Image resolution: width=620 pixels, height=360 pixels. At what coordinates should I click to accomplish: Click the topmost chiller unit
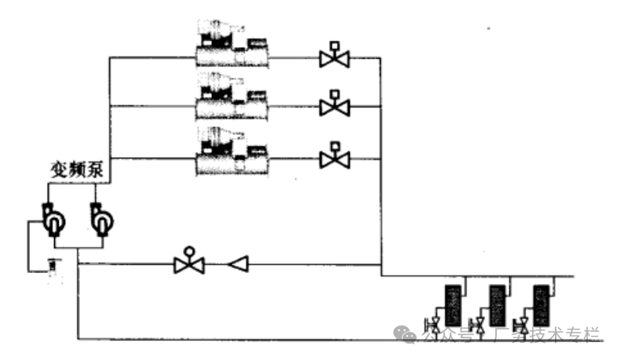click(232, 45)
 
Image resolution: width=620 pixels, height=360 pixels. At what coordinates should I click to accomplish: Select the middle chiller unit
click(232, 98)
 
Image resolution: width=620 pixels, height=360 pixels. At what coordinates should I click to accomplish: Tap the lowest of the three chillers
click(232, 151)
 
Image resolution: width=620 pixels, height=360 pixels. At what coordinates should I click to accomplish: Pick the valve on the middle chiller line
click(335, 106)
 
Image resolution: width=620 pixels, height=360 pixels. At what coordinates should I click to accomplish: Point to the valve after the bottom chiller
click(335, 158)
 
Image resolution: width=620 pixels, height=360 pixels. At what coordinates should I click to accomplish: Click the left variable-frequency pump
click(53, 220)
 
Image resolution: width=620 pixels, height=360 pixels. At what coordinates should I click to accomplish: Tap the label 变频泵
click(78, 169)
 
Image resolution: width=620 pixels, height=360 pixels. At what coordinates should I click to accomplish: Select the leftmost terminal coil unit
click(451, 305)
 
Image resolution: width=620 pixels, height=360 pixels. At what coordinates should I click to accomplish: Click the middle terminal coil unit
click(496, 305)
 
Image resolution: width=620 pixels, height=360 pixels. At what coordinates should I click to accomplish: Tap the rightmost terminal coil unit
click(541, 305)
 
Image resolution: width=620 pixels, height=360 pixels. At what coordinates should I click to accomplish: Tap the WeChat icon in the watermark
click(407, 334)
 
